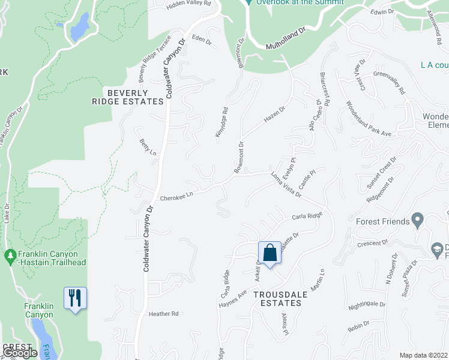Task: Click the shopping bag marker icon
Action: [270, 253]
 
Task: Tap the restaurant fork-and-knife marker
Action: [75, 298]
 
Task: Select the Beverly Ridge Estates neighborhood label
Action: [135, 97]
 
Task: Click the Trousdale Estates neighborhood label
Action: [277, 299]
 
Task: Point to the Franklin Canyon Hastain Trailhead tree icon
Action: [10, 256]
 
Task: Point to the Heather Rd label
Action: [164, 314]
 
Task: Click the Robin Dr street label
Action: [358, 328]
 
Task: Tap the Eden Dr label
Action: [202, 41]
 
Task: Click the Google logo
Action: [20, 353]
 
